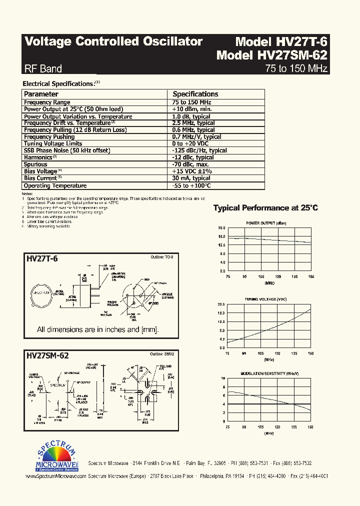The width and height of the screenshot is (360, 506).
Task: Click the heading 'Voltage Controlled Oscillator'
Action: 113,41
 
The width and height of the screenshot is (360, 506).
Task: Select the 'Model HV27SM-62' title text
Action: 271,55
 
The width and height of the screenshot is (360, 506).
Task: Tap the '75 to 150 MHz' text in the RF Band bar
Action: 296,68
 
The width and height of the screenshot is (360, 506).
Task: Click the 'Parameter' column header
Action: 41,94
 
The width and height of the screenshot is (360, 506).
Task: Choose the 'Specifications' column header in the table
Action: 195,94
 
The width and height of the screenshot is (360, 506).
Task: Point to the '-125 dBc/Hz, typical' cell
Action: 199,150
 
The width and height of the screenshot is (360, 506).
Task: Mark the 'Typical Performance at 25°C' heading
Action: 265,208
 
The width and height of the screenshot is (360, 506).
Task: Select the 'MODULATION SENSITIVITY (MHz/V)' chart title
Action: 269,374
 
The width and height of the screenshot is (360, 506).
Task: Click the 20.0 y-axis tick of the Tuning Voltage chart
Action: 221,304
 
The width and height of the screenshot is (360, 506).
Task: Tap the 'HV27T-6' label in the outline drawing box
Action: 42,258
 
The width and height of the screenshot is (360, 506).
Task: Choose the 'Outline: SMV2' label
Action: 162,354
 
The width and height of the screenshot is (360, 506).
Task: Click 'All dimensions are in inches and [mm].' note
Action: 97,330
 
